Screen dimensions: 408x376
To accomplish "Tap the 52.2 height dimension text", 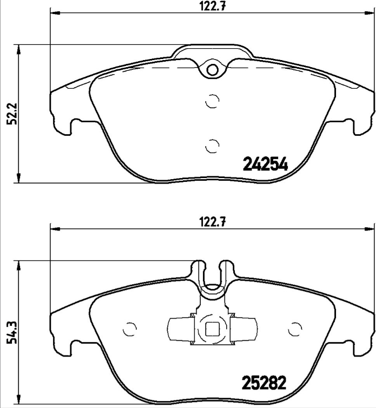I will pos(10,114).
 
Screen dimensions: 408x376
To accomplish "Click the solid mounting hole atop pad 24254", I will pos(213,69).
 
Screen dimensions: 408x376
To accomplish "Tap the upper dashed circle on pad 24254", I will pos(213,101).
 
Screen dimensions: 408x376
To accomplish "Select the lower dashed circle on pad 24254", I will pos(213,145).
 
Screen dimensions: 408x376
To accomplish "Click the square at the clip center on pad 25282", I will pos(212,329).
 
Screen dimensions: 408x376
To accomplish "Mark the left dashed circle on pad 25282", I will pos(130,328).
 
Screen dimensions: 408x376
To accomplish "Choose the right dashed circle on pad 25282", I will pos(295,328).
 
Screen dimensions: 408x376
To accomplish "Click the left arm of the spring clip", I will pos(181,328).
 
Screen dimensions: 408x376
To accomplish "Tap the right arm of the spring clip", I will pos(243,328).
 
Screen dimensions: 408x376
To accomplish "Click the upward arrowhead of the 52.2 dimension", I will pos(19,49).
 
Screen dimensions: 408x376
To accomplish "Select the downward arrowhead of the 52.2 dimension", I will pos(19,179).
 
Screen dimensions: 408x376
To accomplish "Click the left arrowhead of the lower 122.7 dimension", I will pos(55,228).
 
